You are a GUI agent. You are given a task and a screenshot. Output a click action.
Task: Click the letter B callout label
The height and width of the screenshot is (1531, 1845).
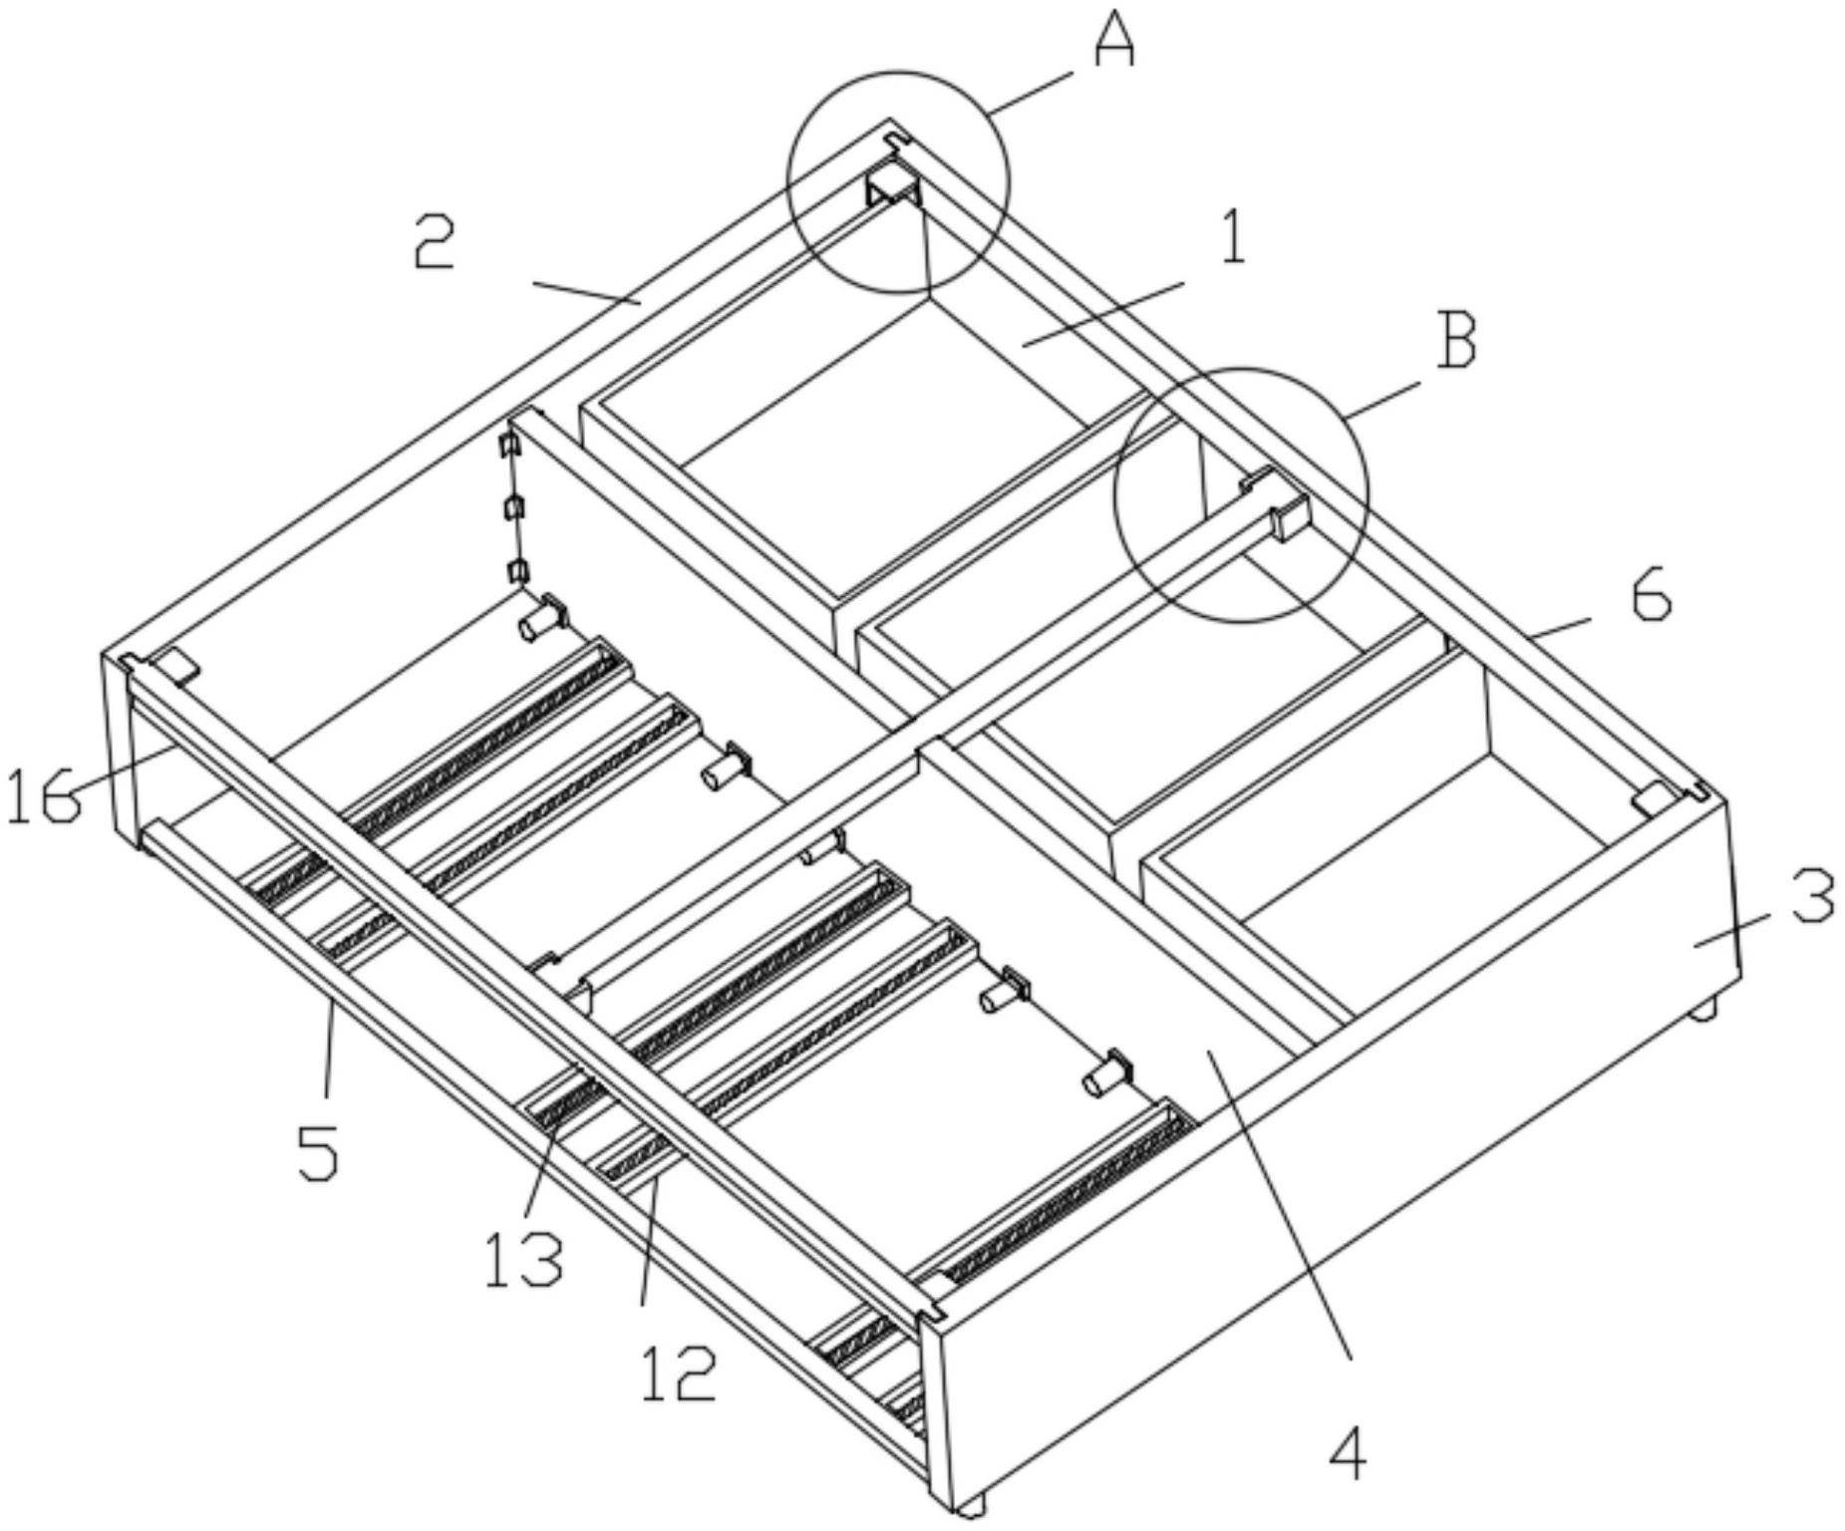pyautogui.click(x=1455, y=341)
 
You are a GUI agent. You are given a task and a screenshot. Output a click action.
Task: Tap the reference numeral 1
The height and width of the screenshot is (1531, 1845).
pyautogui.click(x=1233, y=239)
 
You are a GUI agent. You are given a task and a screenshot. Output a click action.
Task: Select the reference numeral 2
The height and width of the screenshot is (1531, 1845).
pyautogui.click(x=436, y=242)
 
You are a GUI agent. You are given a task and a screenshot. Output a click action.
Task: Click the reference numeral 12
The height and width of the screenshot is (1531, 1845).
pyautogui.click(x=679, y=1373)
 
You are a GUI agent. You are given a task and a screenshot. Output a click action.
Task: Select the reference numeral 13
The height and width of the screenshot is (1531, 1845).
pyautogui.click(x=524, y=1257)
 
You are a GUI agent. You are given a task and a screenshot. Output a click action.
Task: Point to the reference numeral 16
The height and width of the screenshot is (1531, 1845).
pyautogui.click(x=42, y=797)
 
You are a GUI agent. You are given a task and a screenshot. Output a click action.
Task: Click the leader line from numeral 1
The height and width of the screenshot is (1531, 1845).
pyautogui.click(x=1102, y=314)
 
